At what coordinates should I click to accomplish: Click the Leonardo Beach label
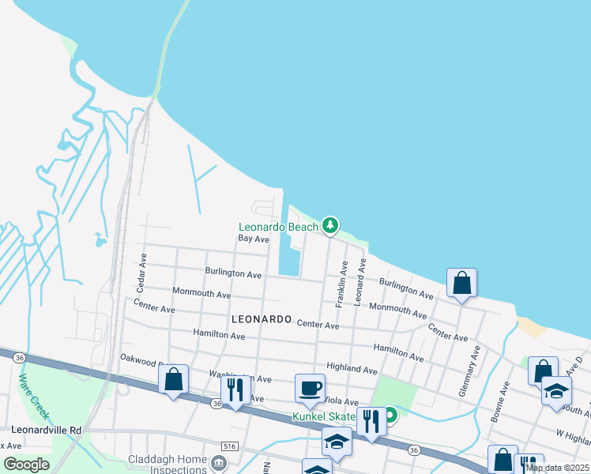point(278,227)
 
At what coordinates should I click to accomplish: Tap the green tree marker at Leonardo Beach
point(330,226)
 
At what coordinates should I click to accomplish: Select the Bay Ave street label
point(254,238)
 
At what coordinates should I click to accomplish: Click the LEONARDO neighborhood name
point(262,319)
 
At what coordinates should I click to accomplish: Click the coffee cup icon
point(310,388)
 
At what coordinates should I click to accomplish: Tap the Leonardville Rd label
point(47,431)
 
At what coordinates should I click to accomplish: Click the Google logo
point(26,465)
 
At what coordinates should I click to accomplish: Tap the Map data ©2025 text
point(558,468)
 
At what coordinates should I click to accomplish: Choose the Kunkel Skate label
point(324,416)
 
